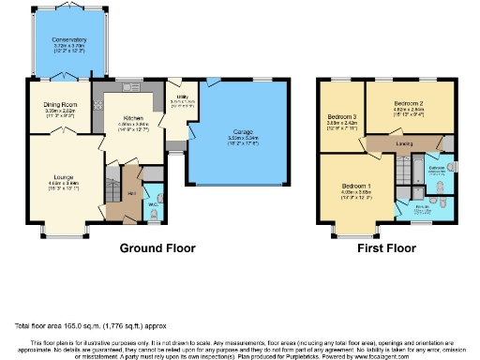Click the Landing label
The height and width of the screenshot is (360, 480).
pos(404,143)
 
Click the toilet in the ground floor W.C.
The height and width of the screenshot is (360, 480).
pos(155,215)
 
